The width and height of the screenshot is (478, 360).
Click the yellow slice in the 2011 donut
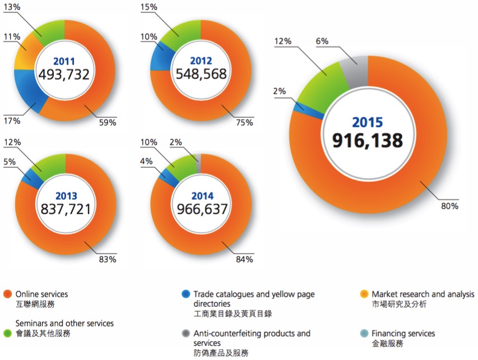(26, 56)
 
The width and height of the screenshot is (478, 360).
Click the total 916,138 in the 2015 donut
(368, 140)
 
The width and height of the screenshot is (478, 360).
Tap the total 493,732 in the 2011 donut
(64, 74)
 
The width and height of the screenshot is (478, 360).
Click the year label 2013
(66, 196)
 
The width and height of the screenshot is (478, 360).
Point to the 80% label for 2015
(450, 206)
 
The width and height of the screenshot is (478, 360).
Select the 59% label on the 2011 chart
(108, 122)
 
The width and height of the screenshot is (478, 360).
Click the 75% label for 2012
(244, 122)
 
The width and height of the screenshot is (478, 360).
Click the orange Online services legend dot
(7, 294)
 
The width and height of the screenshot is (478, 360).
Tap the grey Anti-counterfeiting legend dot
(185, 333)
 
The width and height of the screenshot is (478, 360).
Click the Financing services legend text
(403, 334)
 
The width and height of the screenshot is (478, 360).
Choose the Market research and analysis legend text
(423, 294)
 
